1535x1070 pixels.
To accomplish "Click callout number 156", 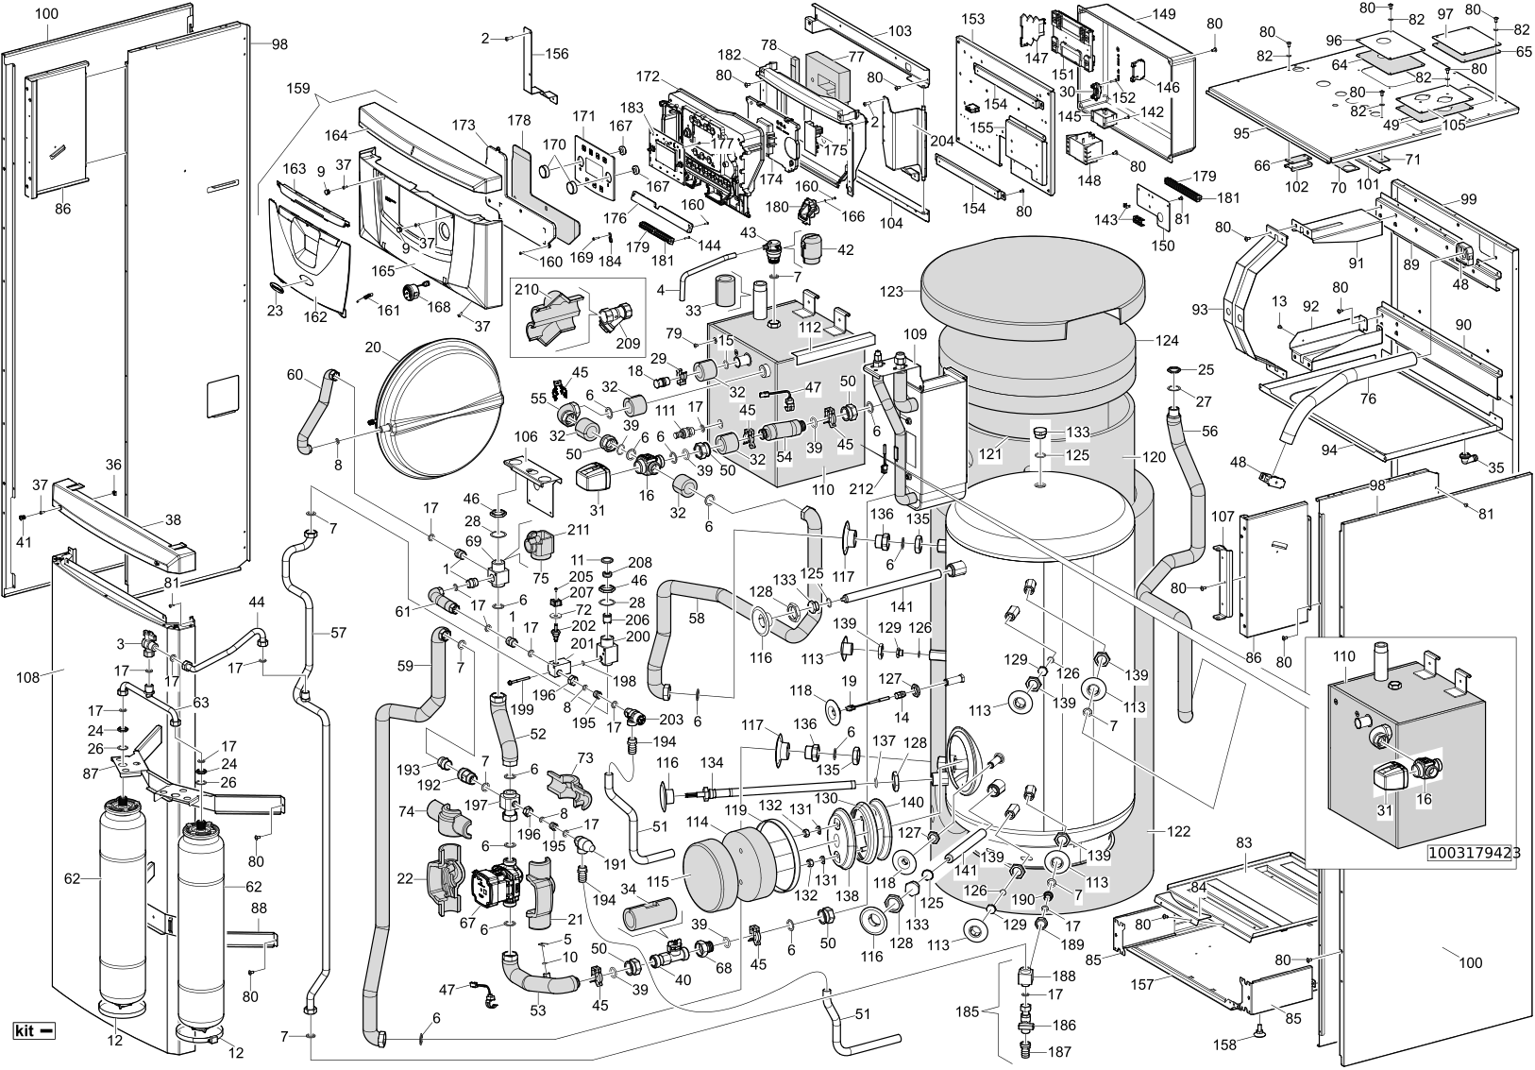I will [557, 55].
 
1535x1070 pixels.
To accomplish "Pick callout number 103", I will [900, 31].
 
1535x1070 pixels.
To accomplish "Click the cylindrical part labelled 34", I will [649, 915].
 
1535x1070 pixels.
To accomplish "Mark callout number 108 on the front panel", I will [27, 676].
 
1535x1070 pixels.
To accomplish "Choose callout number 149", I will [1163, 15].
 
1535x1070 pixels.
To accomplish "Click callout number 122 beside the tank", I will [1177, 833].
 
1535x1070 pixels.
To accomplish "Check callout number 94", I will [1329, 451].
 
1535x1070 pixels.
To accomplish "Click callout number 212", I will [860, 489].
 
